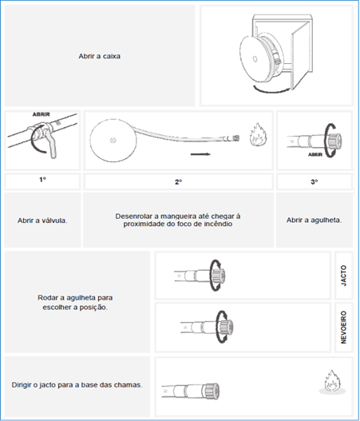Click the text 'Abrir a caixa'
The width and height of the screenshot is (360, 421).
99,56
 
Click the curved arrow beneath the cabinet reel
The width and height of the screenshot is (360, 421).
271,89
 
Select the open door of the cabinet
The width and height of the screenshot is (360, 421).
302,56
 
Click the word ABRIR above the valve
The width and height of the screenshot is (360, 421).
42,114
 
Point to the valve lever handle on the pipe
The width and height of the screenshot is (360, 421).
51,144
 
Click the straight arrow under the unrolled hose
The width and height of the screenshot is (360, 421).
200,154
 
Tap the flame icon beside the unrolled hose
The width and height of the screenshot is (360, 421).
259,134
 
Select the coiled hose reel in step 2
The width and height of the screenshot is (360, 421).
113,140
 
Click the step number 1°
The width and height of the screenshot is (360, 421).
42,180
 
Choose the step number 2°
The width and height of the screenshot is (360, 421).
178,182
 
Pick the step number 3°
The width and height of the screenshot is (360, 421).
315,182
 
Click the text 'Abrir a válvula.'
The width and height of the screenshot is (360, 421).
42,220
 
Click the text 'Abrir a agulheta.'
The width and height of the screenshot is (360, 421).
315,220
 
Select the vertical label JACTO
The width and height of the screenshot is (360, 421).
343,276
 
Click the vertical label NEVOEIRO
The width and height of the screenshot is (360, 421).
343,328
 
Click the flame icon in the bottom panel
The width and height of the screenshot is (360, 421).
333,382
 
